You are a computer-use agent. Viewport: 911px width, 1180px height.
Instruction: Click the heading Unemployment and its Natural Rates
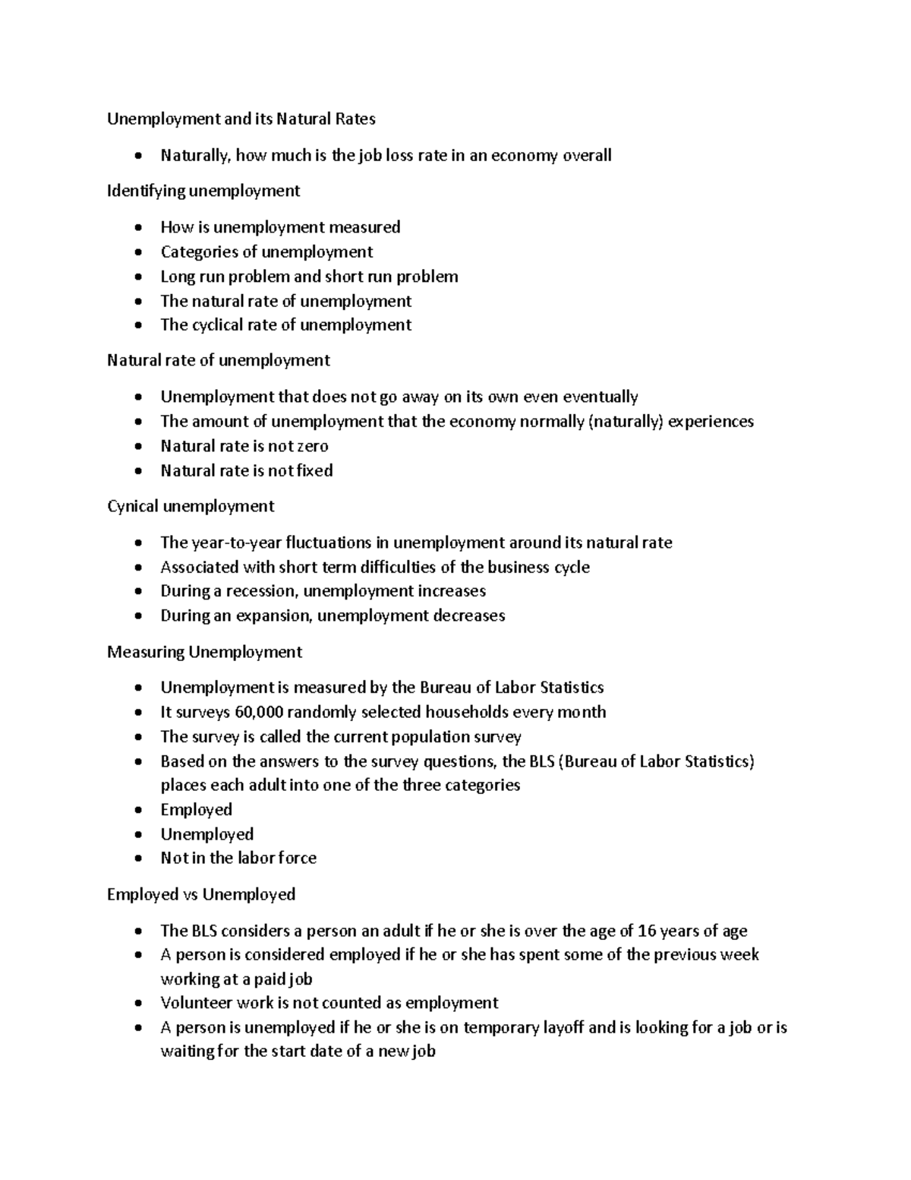point(241,119)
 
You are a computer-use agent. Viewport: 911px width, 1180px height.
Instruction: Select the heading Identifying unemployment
point(203,191)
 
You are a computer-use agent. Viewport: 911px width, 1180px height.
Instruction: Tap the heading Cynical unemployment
point(191,506)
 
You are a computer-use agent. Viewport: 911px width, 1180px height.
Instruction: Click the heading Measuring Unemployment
point(204,652)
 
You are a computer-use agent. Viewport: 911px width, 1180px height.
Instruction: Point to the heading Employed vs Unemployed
point(201,894)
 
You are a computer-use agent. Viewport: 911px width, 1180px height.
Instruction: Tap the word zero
point(312,446)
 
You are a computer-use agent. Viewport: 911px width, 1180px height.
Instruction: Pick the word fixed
point(315,470)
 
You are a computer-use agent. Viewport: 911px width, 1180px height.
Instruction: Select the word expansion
point(273,615)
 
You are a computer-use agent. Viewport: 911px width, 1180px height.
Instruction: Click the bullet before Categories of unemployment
point(137,252)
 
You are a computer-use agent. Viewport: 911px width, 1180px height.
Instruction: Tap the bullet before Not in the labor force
point(137,859)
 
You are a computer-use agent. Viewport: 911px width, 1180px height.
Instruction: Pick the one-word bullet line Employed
point(196,810)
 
